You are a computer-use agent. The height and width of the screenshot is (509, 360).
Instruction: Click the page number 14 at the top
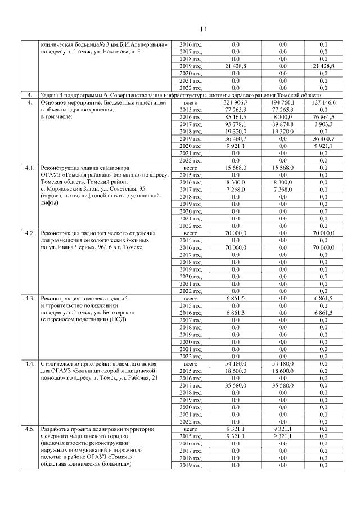pos(203,29)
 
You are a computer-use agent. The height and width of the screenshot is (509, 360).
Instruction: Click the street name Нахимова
pos(118,51)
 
